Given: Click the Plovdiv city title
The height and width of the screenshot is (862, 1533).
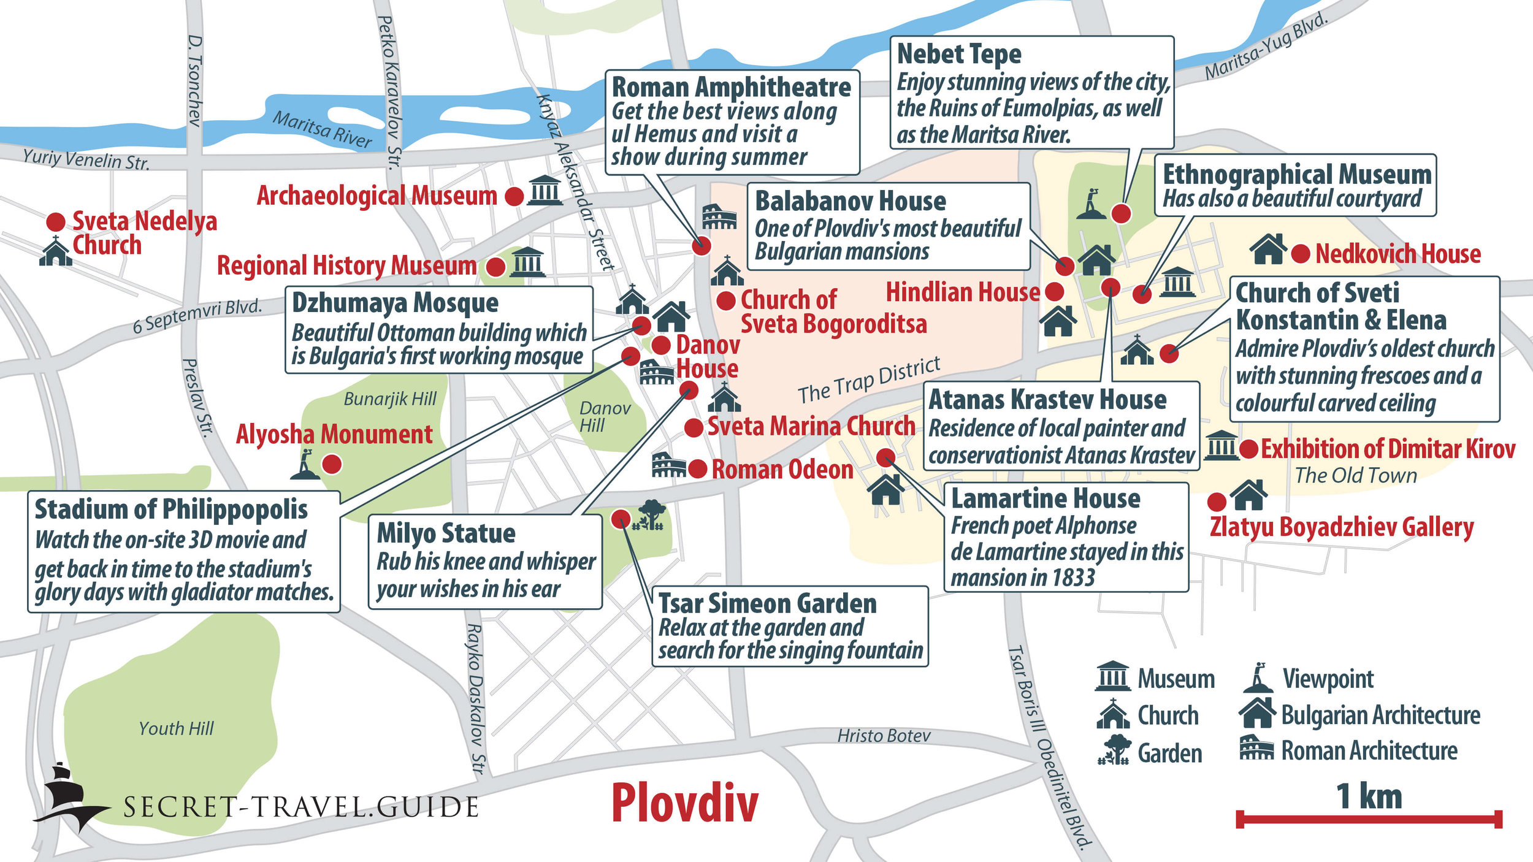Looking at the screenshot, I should click(684, 803).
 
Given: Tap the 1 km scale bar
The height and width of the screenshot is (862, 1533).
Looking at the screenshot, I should click(1369, 819).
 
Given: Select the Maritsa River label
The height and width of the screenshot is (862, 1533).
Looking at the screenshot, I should click(322, 129).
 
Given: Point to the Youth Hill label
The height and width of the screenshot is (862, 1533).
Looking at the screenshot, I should click(176, 728).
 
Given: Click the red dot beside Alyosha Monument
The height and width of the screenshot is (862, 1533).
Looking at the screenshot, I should click(332, 464).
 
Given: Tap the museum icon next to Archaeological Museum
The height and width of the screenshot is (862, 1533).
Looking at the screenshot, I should click(545, 190).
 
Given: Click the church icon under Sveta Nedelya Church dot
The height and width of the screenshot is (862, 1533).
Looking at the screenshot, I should click(55, 251).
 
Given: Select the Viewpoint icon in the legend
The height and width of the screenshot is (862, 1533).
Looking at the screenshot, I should click(1258, 678).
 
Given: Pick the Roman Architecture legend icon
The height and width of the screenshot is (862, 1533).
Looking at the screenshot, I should click(1256, 749).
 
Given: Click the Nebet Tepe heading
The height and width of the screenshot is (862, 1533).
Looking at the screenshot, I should click(959, 54).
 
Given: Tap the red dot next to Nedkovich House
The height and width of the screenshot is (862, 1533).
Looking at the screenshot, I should click(1301, 254).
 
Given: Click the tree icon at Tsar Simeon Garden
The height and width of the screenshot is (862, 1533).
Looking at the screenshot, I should click(651, 514).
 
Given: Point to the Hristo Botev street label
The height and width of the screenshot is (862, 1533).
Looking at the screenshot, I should click(884, 736).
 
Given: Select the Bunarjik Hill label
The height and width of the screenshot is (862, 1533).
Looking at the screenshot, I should click(390, 399).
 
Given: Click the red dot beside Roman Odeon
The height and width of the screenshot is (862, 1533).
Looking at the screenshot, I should click(697, 470).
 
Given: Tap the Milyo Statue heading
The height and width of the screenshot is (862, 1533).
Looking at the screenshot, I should click(446, 533).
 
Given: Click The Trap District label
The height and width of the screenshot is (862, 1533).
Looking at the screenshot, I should click(868, 381).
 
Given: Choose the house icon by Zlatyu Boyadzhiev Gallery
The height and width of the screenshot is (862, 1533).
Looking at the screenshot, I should click(1248, 495).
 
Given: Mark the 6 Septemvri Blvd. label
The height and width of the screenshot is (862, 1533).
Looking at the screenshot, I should click(197, 316).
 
